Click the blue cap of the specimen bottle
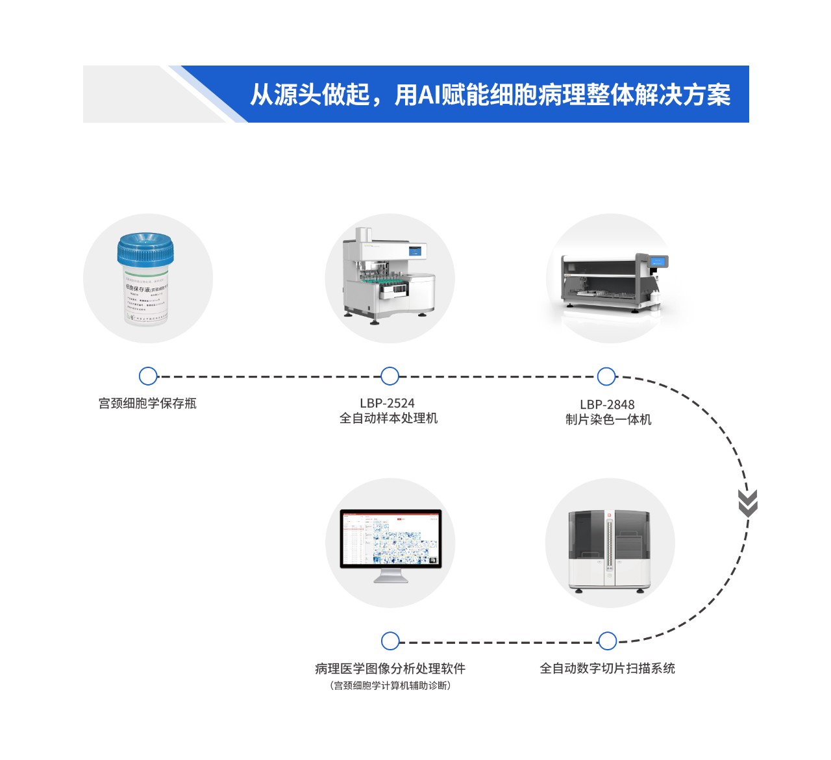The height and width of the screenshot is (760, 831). [145, 249]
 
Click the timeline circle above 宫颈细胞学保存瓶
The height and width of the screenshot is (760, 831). [148, 376]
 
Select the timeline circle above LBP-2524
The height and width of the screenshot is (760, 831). [390, 376]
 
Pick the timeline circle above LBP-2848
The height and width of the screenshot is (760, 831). [606, 376]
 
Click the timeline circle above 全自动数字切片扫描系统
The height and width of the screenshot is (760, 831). [607, 641]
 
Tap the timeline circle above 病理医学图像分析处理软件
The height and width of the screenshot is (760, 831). [390, 641]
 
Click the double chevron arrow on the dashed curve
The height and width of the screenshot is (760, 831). [748, 504]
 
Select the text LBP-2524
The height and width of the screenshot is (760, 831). [388, 403]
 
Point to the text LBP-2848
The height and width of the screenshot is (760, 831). [607, 404]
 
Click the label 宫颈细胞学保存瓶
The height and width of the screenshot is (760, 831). [147, 403]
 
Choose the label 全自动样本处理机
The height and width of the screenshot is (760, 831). [388, 418]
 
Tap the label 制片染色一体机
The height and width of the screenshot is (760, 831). [608, 419]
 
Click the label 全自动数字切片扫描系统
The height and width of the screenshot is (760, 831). [608, 668]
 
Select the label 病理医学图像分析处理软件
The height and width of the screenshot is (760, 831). [390, 668]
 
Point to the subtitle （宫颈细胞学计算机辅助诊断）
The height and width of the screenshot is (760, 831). [390, 685]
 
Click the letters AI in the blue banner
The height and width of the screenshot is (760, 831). [428, 95]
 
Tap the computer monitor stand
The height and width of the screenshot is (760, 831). [391, 575]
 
